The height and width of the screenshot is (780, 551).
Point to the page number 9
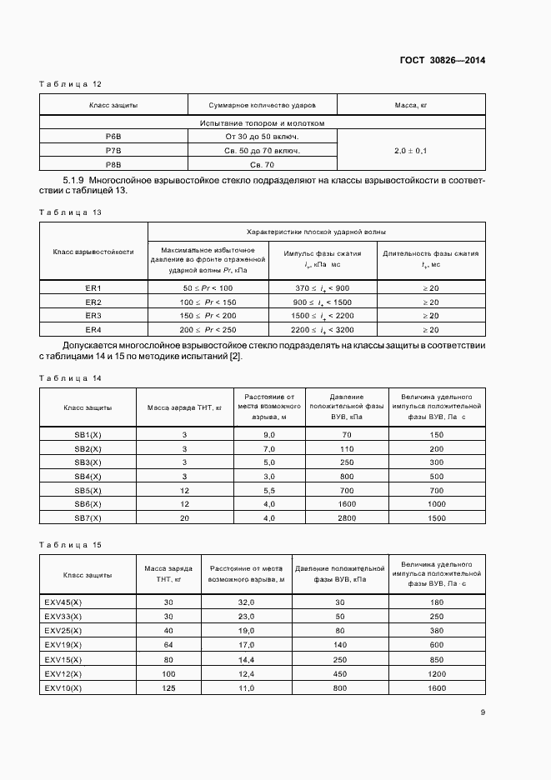coord(483,712)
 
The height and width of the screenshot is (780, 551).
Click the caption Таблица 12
coord(71,84)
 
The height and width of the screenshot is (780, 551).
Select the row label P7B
coord(113,150)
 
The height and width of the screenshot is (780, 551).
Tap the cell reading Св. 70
coord(263,165)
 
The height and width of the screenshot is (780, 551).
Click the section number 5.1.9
coord(78,180)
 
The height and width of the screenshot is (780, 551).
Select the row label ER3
coord(93,316)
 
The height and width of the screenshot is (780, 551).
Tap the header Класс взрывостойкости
coord(93,251)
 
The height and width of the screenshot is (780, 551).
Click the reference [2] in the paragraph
coord(236,357)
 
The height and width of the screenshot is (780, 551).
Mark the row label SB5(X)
coord(88,490)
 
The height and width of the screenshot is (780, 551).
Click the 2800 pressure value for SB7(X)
coord(346,517)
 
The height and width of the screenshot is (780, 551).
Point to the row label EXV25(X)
coord(63,631)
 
